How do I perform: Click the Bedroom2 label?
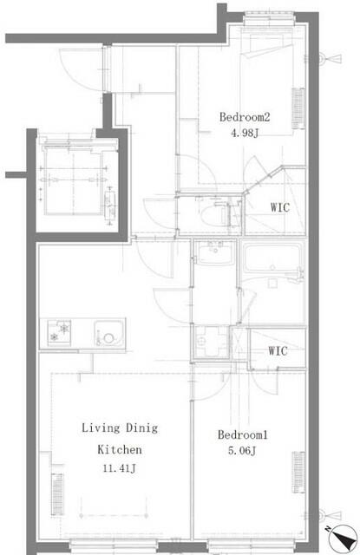point(245,117)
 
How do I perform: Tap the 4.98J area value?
point(245,133)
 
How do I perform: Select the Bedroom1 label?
point(243,434)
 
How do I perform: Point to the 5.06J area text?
point(242,451)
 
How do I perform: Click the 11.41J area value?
point(120,468)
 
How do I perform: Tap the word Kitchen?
point(120,449)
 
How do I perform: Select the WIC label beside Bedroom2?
point(280,207)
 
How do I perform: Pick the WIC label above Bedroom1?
point(278,351)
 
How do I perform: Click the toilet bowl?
point(213,215)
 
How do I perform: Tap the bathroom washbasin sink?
point(215,252)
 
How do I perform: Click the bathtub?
point(272,258)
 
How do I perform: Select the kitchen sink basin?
point(109,334)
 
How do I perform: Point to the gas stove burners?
point(59,333)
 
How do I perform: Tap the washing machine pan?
point(212,342)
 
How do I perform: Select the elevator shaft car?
point(74,180)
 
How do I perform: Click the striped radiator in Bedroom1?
point(298,472)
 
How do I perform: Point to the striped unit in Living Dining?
point(57,494)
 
